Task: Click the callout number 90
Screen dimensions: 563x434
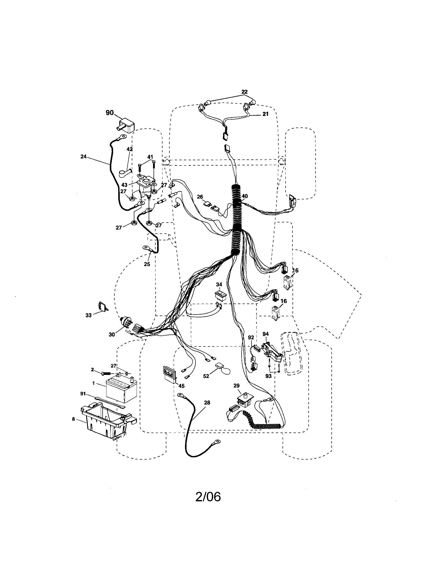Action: (x=110, y=113)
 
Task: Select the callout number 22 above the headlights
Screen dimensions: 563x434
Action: (x=244, y=92)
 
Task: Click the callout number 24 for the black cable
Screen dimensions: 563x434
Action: (x=83, y=156)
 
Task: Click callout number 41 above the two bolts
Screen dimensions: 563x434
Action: (x=150, y=157)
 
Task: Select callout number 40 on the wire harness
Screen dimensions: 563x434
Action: (x=245, y=196)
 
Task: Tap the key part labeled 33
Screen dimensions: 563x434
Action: (x=102, y=306)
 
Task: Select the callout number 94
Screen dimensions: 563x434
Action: (x=265, y=334)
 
